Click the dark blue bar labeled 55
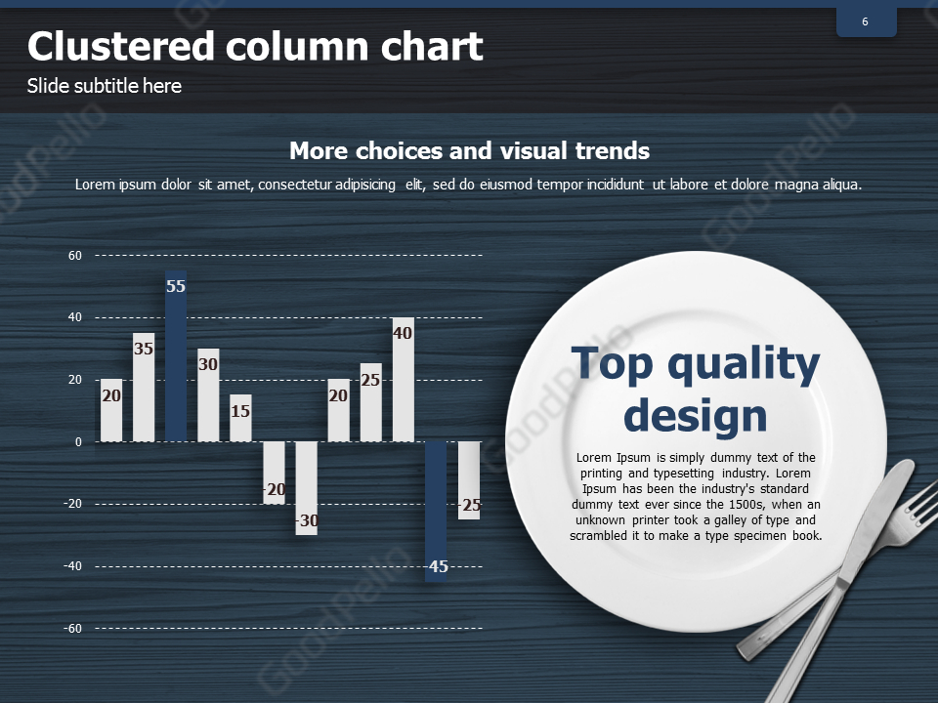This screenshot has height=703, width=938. click(x=176, y=356)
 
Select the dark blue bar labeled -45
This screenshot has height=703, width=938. click(x=436, y=512)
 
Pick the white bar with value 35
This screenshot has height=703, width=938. click(x=144, y=388)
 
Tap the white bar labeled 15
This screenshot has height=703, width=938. click(x=240, y=418)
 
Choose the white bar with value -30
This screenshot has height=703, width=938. click(x=306, y=488)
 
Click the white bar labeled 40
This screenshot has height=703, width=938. click(x=404, y=380)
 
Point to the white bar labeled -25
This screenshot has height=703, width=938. click(x=469, y=480)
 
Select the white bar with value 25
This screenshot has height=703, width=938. click(x=371, y=402)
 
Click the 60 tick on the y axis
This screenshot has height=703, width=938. click(x=75, y=256)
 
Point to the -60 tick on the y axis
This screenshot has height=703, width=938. click(x=72, y=629)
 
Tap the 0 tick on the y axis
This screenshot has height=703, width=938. click(x=78, y=442)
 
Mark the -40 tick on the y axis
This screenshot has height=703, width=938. click(x=72, y=566)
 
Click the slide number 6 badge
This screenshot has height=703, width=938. click(x=867, y=22)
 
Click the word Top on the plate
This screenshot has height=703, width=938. click(x=612, y=364)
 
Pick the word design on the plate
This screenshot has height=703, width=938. click(x=695, y=416)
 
